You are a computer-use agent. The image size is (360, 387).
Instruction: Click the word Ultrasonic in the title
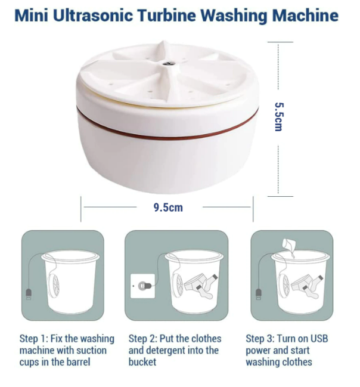click(x=93, y=16)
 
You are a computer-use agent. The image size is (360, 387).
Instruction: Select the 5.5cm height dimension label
click(x=280, y=117)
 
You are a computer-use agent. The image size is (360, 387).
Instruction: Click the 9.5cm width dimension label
click(x=168, y=208)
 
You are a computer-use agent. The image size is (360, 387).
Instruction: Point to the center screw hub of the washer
click(x=169, y=63)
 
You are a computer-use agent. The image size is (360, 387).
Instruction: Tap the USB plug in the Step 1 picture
click(x=29, y=294)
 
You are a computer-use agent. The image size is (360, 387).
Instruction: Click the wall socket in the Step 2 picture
click(x=142, y=286)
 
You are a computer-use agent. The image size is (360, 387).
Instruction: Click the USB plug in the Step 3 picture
click(x=258, y=294)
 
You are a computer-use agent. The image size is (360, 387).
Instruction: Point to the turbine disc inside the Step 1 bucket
click(x=54, y=286)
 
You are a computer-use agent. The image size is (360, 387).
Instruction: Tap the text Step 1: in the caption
click(x=33, y=339)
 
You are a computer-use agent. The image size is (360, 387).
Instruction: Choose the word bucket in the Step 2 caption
click(x=142, y=362)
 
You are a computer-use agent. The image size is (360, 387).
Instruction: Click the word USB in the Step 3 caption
click(x=319, y=339)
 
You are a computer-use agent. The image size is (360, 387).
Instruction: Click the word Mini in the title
click(x=32, y=16)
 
